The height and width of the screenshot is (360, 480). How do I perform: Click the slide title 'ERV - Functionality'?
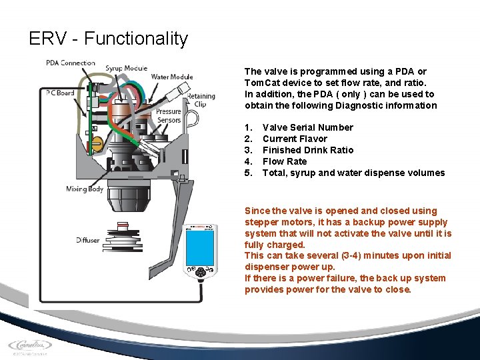pos(109,39)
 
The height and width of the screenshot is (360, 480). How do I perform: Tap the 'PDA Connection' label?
pos(70,63)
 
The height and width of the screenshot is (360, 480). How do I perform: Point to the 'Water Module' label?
pos(171,77)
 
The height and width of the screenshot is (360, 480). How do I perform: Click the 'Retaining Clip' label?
pos(201,100)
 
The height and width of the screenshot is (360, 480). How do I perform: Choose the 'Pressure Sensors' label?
pos(169,116)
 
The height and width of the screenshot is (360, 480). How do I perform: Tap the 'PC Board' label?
pos(60,93)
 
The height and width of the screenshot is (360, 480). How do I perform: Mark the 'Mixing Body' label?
pos(85,189)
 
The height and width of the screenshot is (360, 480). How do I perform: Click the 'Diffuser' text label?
pos(87,240)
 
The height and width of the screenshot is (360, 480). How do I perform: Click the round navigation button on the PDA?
pos(199,273)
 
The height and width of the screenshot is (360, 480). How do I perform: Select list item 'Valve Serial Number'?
pos(307,127)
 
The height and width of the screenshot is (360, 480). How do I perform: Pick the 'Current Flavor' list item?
pos(295,139)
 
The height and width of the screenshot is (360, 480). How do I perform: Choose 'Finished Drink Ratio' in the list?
pos(308,150)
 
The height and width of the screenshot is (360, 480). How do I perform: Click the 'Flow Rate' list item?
pos(285,161)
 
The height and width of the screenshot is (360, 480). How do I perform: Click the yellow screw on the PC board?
pos(95,142)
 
